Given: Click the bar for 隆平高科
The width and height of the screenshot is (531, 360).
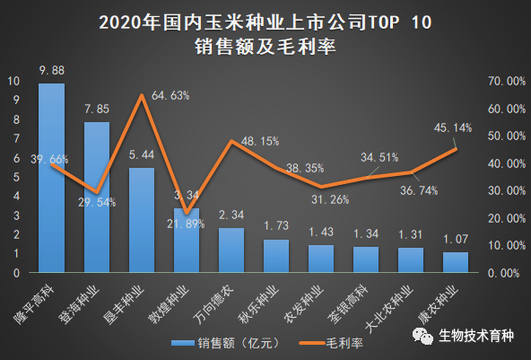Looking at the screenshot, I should pos(51,180).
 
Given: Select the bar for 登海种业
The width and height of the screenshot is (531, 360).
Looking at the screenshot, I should pos(96,198).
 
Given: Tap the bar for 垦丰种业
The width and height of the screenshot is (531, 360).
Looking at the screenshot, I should pos(141,220).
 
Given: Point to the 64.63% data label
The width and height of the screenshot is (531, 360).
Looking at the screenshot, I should pos(170,95).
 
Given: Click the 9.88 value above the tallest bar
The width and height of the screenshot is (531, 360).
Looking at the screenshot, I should pos(50,70).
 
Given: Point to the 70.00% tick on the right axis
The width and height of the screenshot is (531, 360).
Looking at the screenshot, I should pos(502,81).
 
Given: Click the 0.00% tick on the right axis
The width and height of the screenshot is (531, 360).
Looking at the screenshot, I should pos(505,272).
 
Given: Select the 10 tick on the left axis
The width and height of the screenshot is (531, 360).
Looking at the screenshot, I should pos(15,81).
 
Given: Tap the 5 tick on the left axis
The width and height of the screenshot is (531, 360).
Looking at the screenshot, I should pos(15,177).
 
